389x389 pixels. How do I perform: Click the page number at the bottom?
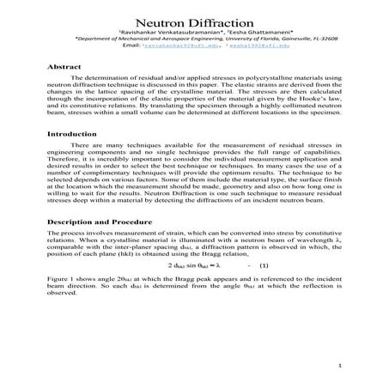coord(340,365)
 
